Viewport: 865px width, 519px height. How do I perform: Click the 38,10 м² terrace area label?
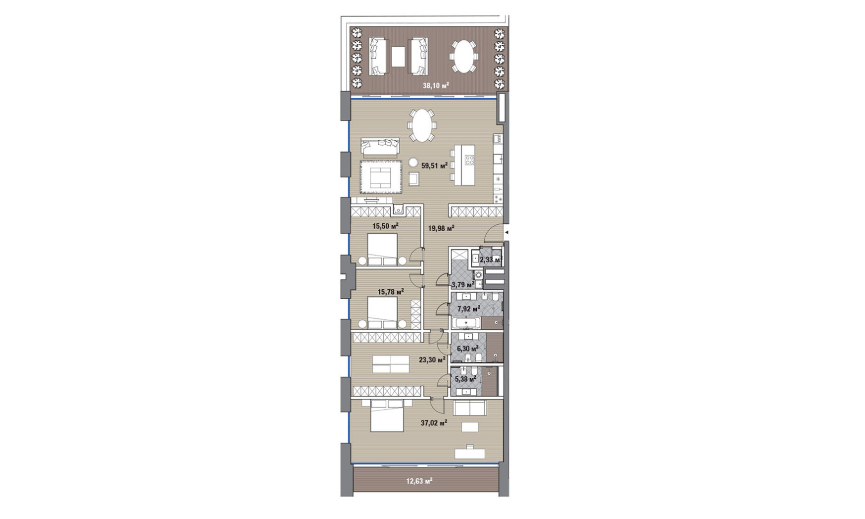[436, 86]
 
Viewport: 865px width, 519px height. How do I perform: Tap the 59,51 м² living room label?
[434, 166]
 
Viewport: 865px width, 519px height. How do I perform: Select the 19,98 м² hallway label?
[441, 229]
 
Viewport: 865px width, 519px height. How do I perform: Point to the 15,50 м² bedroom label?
[385, 226]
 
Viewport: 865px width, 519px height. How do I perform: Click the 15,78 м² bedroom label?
[390, 292]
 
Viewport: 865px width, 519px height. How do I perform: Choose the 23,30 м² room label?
[432, 359]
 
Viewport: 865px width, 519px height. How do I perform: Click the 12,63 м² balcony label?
[419, 481]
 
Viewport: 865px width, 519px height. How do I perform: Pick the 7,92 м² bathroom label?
[468, 309]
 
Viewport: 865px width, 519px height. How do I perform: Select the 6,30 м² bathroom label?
[467, 348]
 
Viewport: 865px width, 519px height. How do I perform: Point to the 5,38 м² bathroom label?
[466, 379]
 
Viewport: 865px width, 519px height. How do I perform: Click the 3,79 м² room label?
[463, 285]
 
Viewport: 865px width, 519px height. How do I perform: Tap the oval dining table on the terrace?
[464, 56]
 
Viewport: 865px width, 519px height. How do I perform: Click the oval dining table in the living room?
[421, 125]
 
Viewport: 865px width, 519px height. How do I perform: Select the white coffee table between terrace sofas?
[398, 57]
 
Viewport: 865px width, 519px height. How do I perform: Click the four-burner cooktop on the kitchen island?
[469, 160]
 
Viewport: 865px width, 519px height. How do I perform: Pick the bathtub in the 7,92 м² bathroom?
[466, 323]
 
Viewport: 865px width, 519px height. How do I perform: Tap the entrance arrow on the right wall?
[507, 232]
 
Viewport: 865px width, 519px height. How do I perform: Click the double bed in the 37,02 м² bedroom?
[387, 416]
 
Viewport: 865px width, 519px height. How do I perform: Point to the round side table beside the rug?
[413, 162]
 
